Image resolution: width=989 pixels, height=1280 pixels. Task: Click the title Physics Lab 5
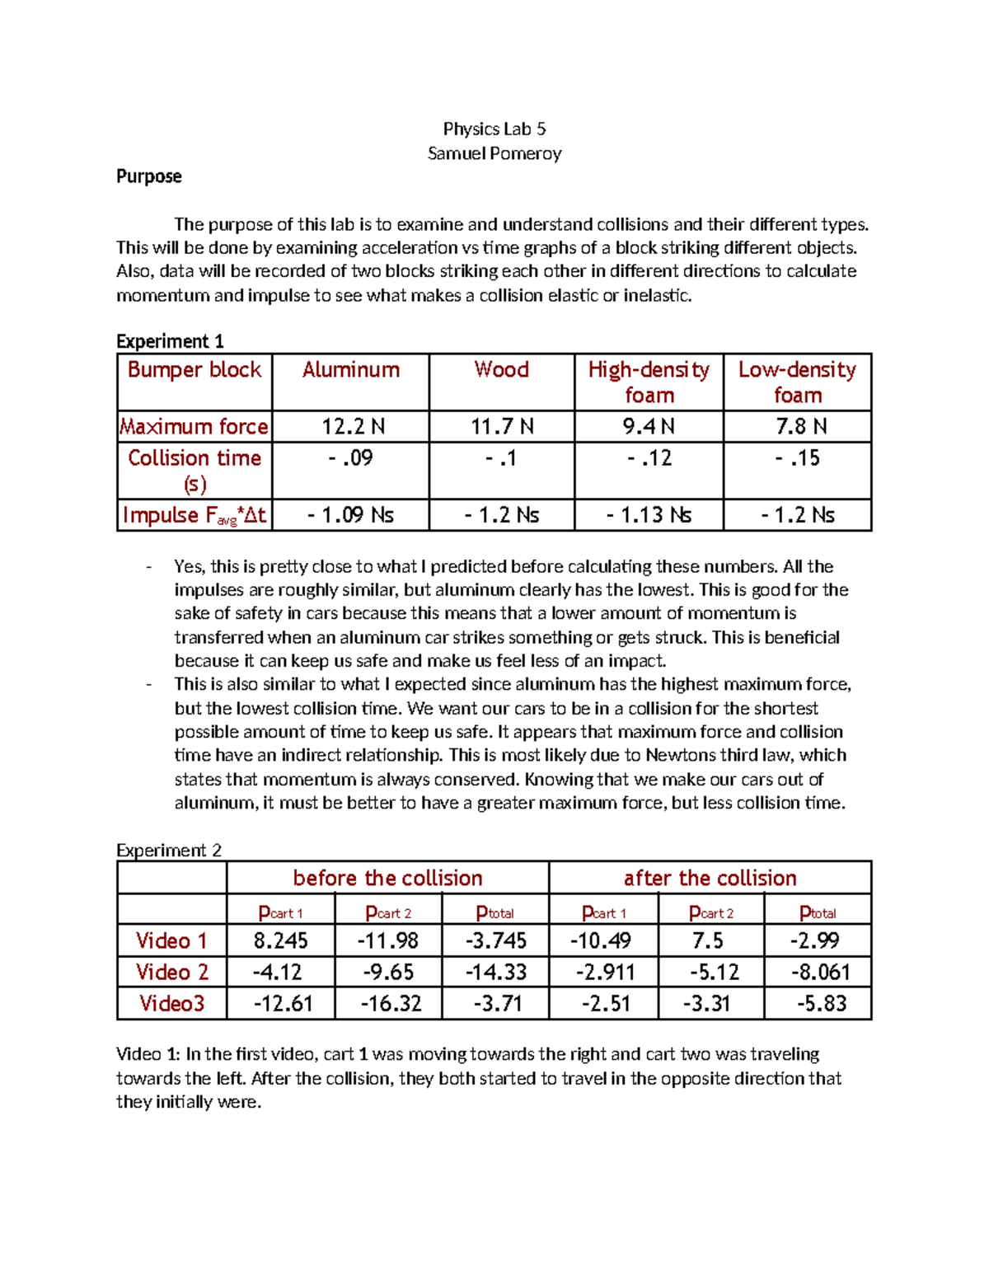pos(494,129)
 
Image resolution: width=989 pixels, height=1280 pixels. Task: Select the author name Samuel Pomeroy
pos(494,153)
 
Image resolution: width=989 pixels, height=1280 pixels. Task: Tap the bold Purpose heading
pos(148,176)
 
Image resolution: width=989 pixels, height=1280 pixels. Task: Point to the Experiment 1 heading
pos(170,341)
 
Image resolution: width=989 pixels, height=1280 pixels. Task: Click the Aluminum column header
pos(350,370)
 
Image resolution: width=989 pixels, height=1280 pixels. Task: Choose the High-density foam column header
pos(649,382)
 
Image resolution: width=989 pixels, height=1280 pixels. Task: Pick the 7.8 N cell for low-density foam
pos(796,427)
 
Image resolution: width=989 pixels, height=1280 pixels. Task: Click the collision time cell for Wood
pos(501,458)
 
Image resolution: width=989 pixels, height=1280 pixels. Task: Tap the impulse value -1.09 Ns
pos(350,515)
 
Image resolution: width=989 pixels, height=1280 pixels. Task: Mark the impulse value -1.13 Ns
pos(649,515)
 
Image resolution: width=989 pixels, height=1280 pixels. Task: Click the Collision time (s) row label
pos(195,471)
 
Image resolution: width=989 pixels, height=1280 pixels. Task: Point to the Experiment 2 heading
pos(169,851)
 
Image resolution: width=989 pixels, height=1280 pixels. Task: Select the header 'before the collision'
pos(387,878)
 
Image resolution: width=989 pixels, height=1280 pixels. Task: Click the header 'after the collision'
pos(710,878)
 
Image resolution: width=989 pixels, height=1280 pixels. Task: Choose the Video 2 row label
pos(171,973)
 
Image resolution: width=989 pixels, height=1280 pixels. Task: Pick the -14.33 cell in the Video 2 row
pos(495,973)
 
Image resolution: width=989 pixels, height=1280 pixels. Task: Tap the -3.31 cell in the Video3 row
pos(710,1004)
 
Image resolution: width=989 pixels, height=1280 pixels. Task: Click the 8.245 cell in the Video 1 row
pos(280,941)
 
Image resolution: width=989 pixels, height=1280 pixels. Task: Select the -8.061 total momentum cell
pos(818,973)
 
